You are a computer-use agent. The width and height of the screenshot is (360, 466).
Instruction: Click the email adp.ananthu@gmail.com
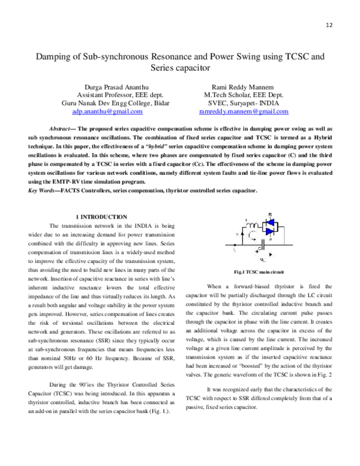pos(107,111)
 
